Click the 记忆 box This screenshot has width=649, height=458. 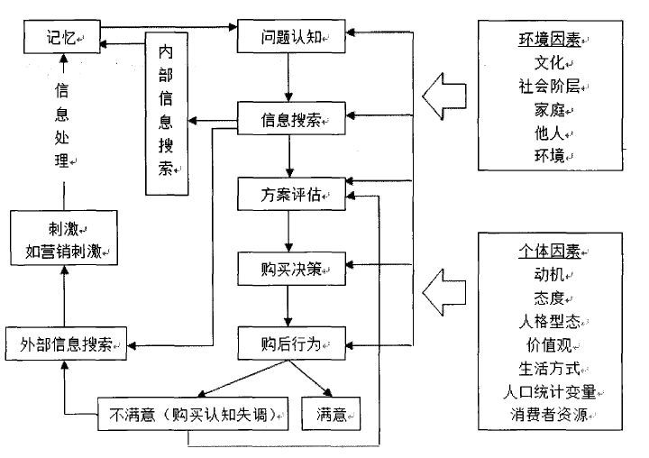click(x=59, y=37)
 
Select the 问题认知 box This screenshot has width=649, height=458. click(x=291, y=37)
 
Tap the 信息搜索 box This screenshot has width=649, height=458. click(x=291, y=117)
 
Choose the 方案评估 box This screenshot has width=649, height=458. click(x=291, y=194)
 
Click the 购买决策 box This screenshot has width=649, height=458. click(x=291, y=269)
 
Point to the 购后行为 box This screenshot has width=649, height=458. click(x=291, y=343)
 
